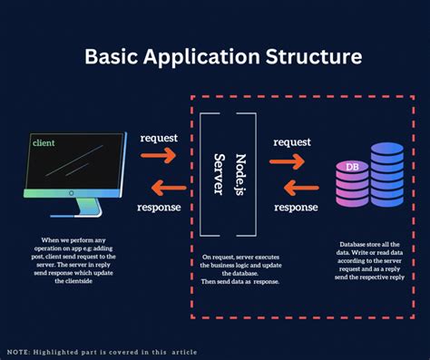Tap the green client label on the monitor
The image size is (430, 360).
point(44,142)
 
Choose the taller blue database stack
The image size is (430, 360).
point(386,172)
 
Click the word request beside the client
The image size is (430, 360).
point(159,139)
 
